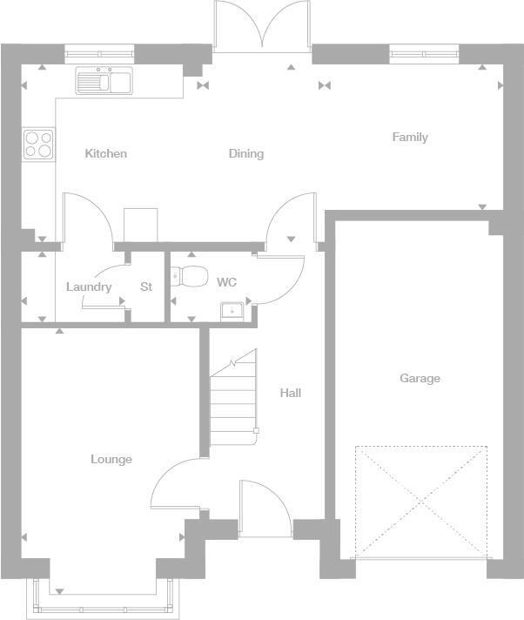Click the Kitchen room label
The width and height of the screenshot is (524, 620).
105,154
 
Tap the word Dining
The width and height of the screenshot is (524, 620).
246,154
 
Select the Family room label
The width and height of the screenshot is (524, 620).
410,138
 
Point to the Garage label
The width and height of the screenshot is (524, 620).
420,379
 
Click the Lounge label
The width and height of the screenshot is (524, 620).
111,460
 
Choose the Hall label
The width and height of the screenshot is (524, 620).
291,394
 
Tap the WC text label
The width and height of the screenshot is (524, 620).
226,283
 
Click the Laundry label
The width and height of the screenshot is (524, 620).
89,287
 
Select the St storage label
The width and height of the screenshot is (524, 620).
146,287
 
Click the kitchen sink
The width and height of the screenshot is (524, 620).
103,81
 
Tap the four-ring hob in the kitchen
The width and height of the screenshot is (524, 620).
37,144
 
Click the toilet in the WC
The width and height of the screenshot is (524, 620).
190,278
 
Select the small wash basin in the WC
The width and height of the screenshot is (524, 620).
232,309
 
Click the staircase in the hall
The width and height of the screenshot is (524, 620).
233,401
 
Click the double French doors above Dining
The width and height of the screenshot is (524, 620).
262,26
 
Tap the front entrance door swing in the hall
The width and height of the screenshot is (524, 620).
264,505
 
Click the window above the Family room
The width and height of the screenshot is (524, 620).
424,55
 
